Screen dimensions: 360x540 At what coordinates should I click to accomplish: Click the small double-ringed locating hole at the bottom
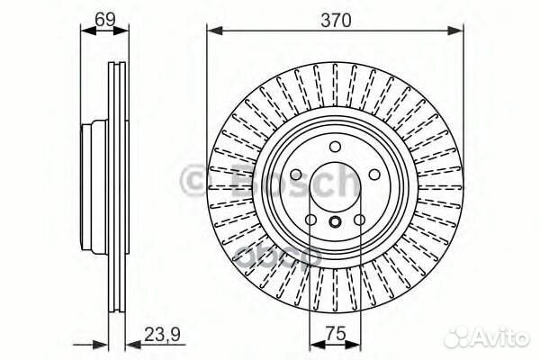(334, 224)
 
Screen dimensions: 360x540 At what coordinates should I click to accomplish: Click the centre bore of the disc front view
(334, 189)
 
